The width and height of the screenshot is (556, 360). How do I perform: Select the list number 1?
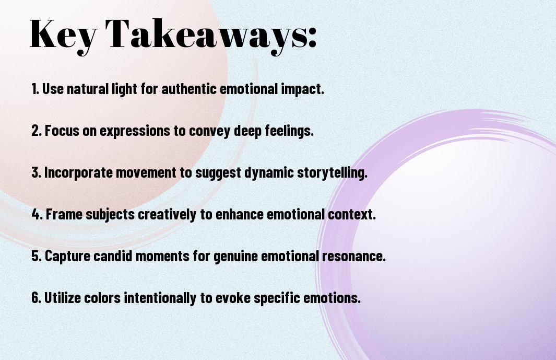pos(35,89)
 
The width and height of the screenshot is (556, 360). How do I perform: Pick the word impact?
pos(305,89)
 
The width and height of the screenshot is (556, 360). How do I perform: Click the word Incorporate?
pos(76,173)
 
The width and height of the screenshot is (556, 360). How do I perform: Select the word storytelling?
pos(333,173)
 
